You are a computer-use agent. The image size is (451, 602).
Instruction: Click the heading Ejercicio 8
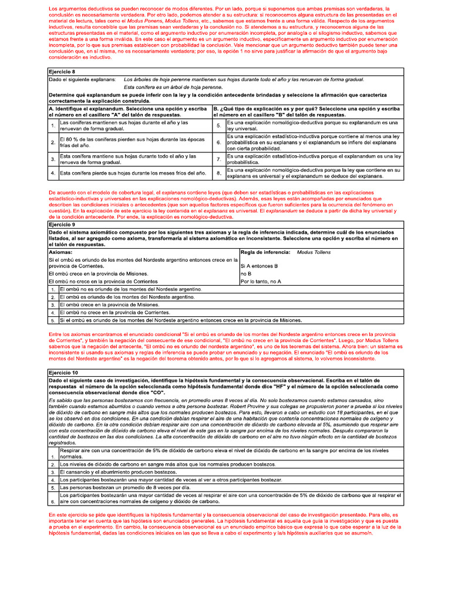point(62,71)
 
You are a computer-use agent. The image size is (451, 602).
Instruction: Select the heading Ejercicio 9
point(62,224)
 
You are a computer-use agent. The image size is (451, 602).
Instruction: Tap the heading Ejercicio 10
point(63,373)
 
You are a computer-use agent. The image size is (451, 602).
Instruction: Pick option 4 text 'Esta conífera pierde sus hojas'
point(133,173)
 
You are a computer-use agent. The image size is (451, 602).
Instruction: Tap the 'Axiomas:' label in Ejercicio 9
point(61,252)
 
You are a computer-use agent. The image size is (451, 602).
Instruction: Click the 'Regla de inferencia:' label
point(265,252)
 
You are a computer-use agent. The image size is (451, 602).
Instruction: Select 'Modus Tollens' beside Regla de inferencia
point(314,252)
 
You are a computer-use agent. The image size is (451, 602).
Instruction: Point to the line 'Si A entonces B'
point(260,266)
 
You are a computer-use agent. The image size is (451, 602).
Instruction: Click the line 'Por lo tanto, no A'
point(261,282)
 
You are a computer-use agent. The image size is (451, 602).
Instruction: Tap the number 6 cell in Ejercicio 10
point(53,501)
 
